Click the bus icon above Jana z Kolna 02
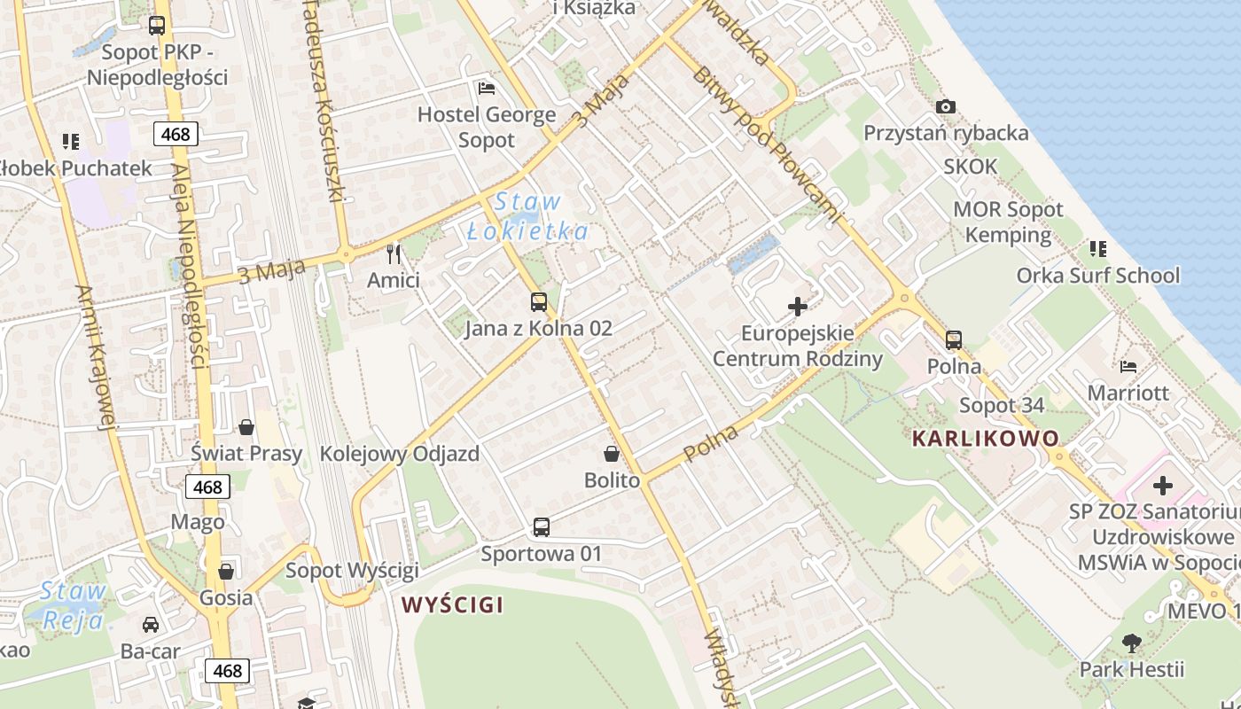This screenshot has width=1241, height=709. point(538,302)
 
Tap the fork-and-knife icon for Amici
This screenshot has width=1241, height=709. point(394,254)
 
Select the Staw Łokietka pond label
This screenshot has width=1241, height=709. point(527,216)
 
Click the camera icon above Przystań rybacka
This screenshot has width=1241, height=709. point(946,107)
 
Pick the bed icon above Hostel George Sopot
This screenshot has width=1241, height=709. point(487,88)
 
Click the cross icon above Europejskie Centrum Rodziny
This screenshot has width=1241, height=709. point(798,308)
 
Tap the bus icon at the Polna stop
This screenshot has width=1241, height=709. point(954,340)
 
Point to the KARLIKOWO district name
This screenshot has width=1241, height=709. point(985,438)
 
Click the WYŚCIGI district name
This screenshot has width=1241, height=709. point(452,605)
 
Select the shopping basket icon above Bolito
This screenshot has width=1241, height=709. point(612,455)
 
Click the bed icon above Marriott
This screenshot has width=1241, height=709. point(1128,366)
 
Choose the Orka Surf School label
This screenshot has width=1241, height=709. point(1097,276)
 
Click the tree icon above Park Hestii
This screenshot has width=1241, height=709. point(1131,643)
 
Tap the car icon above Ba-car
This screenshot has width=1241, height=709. point(151,625)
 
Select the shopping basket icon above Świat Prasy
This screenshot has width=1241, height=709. point(246,427)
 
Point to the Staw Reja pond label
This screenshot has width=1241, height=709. point(73,605)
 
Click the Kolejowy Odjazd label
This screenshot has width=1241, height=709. point(399,455)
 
